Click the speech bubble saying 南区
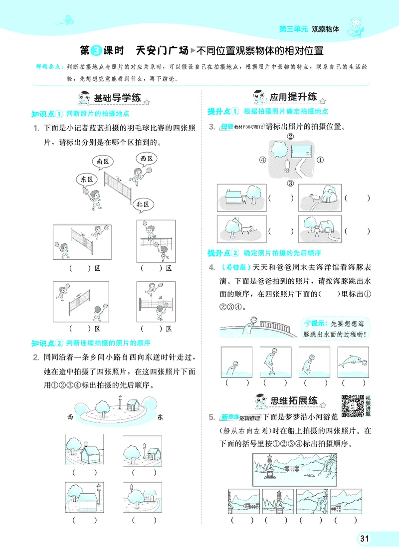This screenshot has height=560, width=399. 103,161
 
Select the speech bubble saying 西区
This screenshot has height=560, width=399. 146,159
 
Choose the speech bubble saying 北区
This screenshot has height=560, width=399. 144,204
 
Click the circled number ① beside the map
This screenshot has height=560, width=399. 320,160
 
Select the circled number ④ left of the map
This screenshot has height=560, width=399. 262,160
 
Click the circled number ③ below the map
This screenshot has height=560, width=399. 290,183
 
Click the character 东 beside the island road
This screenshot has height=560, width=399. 160,417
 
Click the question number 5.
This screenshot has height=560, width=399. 211,417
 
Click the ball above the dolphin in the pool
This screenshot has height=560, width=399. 253,320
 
